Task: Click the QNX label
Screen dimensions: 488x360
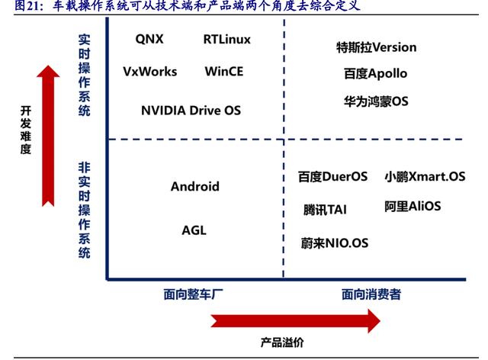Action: click(149, 39)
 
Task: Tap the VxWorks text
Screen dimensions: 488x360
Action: click(149, 72)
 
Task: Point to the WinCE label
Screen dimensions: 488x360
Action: click(224, 72)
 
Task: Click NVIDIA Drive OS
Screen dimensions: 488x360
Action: click(191, 111)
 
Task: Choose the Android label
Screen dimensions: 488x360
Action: click(194, 186)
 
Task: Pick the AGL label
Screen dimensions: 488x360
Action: click(194, 230)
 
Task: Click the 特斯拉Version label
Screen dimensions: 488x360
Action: click(376, 47)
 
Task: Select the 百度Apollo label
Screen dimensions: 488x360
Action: click(375, 74)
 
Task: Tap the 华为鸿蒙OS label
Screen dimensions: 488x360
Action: click(376, 101)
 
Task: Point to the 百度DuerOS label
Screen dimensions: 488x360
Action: click(332, 177)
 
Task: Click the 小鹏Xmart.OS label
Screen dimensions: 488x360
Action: click(425, 177)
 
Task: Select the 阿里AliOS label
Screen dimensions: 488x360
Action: click(413, 206)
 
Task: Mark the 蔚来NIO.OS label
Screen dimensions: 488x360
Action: click(335, 243)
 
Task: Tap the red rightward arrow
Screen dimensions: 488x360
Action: click(294, 320)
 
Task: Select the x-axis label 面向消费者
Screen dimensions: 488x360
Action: click(371, 294)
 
